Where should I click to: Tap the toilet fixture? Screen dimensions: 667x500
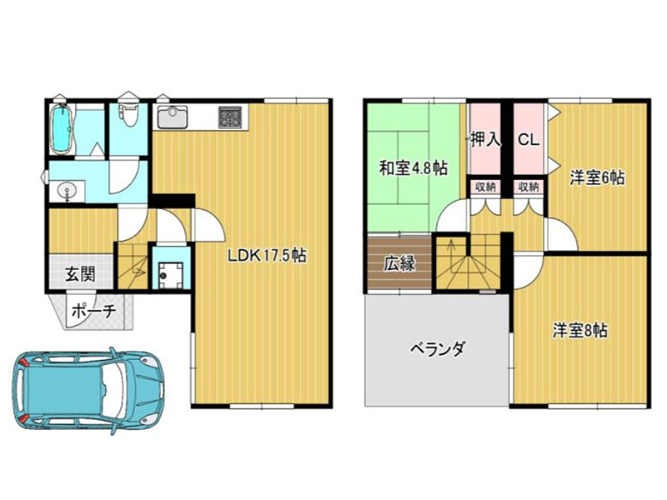(128, 112)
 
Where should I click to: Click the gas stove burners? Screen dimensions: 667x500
(231, 117)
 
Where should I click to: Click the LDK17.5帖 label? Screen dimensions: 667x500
(267, 256)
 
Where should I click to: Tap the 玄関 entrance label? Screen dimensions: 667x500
(80, 274)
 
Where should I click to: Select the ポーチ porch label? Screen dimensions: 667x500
(93, 311)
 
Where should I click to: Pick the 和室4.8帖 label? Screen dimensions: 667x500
(413, 168)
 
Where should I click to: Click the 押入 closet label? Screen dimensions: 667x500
(486, 139)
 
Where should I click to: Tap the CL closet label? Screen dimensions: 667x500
(529, 139)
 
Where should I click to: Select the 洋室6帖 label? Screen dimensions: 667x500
(597, 177)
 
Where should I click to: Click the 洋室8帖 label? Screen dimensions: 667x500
(579, 330)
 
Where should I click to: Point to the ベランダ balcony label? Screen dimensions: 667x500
(437, 349)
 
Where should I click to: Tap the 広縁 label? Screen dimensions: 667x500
(399, 263)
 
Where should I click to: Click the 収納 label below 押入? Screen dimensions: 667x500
(485, 187)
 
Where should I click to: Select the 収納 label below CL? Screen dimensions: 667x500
(529, 187)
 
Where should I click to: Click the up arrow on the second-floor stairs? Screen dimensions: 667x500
(451, 248)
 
